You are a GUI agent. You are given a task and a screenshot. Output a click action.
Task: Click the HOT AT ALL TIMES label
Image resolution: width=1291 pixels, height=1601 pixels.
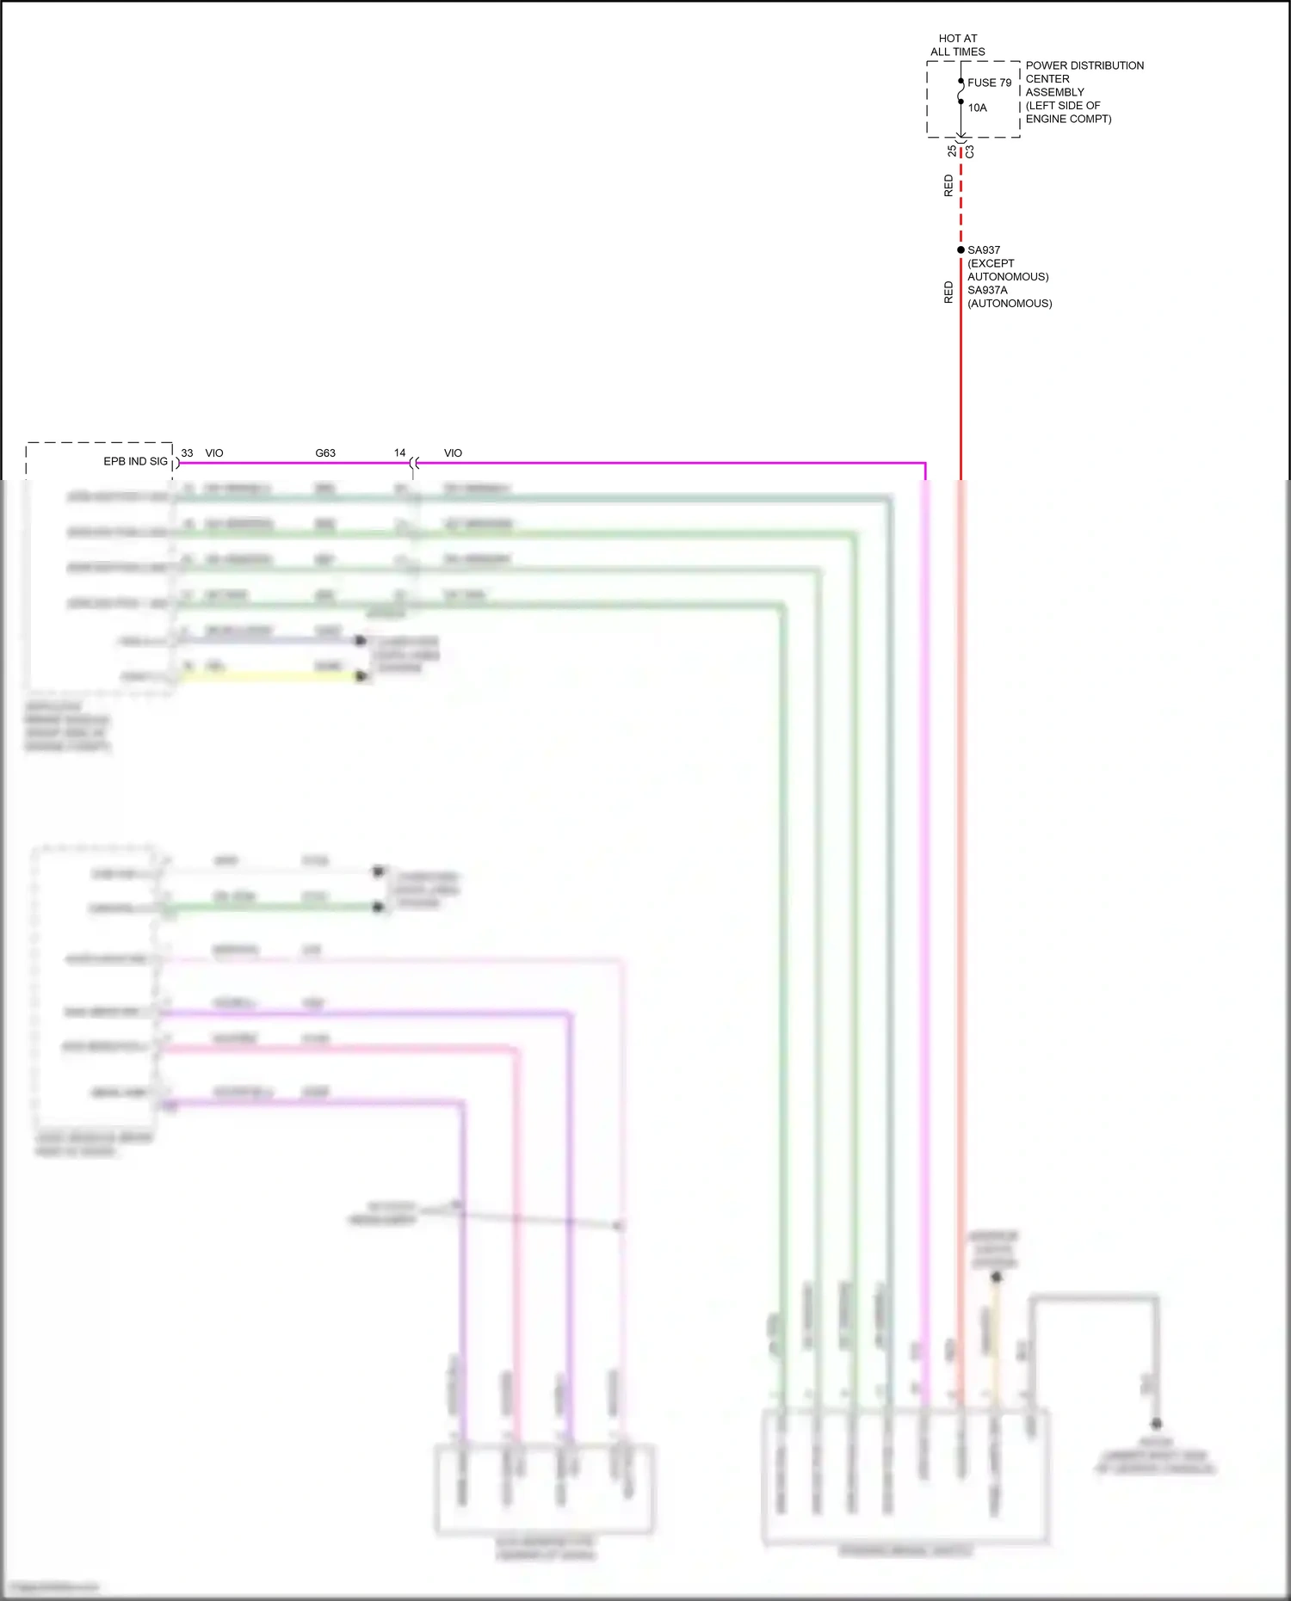pos(957,45)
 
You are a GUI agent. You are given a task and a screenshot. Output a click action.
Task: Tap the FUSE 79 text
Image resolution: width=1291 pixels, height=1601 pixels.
pos(989,83)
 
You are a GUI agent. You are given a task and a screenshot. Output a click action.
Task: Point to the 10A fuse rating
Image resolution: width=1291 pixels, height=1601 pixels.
pos(977,108)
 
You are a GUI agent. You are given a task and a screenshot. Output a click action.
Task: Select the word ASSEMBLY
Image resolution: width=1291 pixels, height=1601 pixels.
pos(1054,92)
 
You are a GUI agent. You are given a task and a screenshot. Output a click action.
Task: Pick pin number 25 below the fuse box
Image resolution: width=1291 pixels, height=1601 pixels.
pos(951,151)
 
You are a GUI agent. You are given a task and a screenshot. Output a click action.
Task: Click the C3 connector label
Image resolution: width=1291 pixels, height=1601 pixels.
pos(970,151)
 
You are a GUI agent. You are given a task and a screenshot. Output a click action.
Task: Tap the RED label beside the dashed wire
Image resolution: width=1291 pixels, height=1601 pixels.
pos(948,186)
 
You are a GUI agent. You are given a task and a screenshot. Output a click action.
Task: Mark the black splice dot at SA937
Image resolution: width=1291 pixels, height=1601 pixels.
pos(961,249)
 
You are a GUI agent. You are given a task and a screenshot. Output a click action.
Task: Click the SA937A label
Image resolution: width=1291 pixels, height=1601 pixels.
pos(987,290)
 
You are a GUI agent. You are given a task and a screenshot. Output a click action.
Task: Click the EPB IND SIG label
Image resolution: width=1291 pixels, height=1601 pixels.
pos(135,461)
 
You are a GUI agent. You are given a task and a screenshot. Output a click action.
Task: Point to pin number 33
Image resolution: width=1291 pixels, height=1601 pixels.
pos(187,453)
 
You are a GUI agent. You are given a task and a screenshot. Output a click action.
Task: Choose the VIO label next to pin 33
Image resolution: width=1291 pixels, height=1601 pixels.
pos(214,453)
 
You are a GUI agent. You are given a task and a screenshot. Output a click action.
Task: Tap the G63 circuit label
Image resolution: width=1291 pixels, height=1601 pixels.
pos(325,453)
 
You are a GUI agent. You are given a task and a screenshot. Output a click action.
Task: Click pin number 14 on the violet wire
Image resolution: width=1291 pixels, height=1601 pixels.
pos(399,453)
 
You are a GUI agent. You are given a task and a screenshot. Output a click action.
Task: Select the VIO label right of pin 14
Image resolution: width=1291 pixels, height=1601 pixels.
pos(453,453)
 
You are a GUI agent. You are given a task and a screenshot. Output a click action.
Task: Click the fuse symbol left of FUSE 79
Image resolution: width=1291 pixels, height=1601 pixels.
pos(961,91)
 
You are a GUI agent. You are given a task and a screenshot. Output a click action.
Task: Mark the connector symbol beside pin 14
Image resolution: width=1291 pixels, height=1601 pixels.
pos(414,464)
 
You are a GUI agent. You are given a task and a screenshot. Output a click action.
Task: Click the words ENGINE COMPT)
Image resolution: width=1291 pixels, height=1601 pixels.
pos(1068,119)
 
